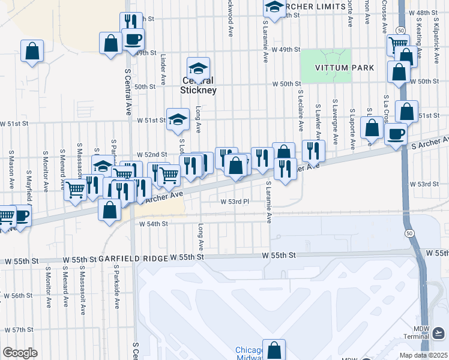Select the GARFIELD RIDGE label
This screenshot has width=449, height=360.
132,258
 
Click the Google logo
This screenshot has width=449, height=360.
20,353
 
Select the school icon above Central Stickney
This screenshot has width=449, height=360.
198,67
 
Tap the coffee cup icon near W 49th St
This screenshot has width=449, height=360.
133,39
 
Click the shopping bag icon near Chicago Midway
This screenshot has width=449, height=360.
274,349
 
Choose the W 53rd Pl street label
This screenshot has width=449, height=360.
235,202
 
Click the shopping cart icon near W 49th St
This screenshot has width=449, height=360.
397,44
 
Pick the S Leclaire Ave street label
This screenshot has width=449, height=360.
300,110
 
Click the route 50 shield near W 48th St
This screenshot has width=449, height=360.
400,29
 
